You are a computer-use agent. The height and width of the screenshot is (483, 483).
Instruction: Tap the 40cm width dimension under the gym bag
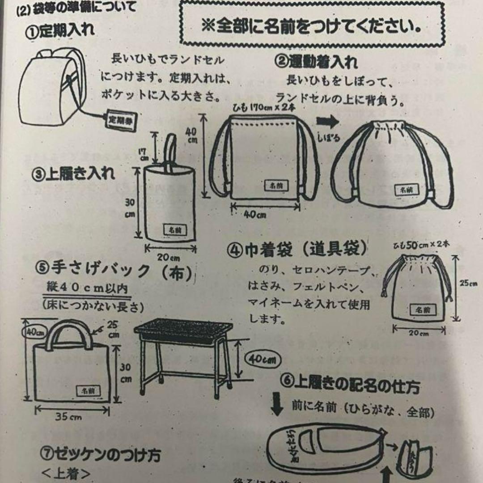(255, 215)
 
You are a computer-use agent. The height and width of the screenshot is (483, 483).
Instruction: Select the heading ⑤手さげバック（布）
(116, 271)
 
